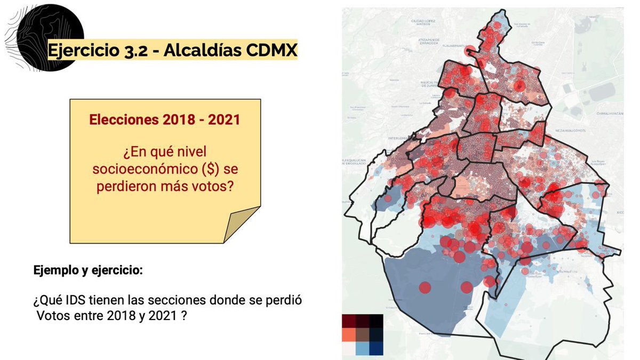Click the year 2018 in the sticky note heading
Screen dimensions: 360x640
(x=170, y=119)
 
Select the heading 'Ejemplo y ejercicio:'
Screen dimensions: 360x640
(x=88, y=270)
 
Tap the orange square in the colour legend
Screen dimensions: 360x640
(x=349, y=334)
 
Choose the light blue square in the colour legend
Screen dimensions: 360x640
(x=363, y=348)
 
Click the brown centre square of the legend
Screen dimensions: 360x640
(x=363, y=334)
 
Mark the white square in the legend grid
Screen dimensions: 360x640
(x=349, y=348)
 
